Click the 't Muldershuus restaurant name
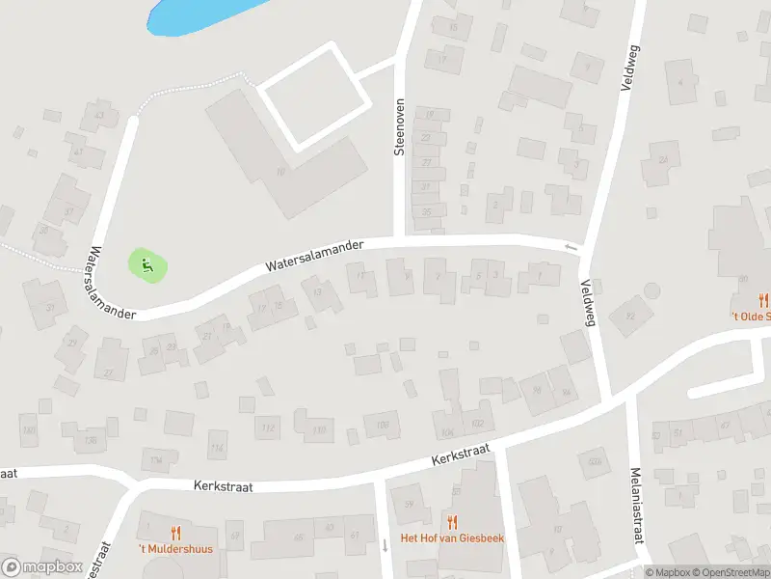(174, 549)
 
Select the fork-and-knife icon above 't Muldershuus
(175, 532)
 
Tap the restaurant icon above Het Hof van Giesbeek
(451, 522)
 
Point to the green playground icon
(146, 265)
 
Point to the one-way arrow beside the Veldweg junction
(571, 248)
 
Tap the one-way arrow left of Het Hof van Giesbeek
(385, 545)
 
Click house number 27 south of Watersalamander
(109, 372)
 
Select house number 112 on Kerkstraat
(268, 428)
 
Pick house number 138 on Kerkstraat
(91, 440)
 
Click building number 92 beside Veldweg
(631, 316)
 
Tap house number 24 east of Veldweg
(662, 158)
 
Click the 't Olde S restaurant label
(750, 316)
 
